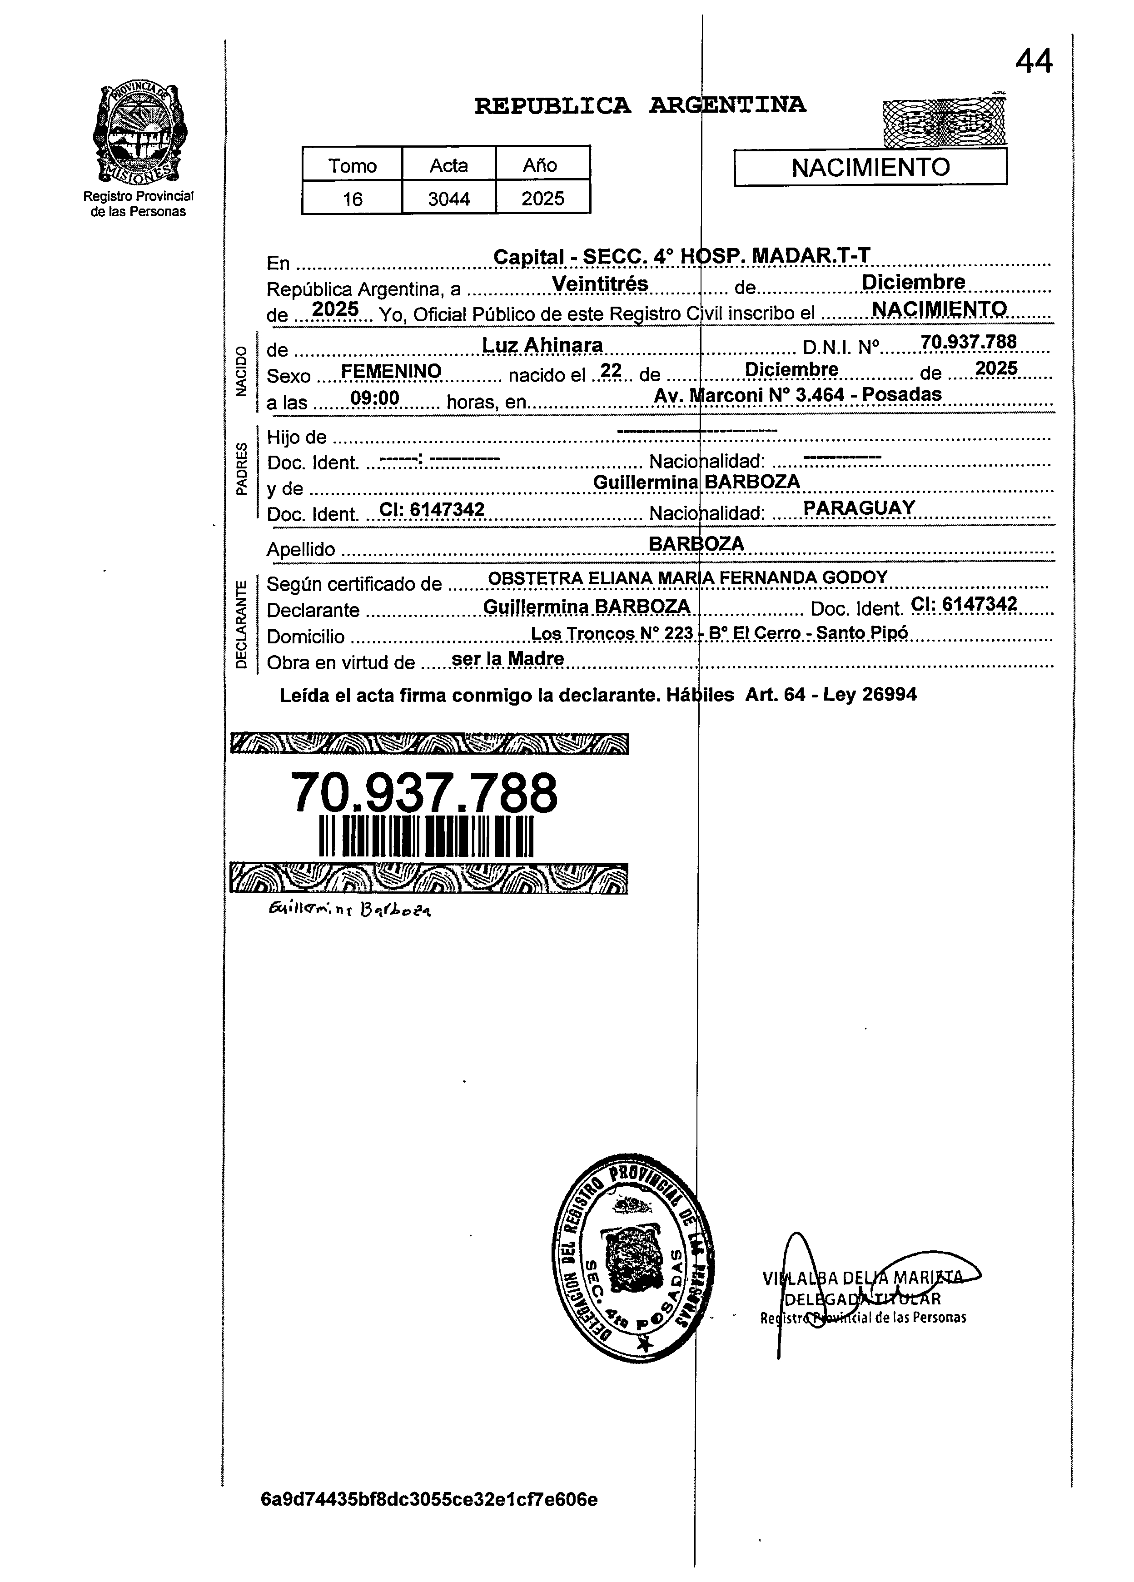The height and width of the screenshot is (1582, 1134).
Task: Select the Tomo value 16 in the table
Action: (x=352, y=199)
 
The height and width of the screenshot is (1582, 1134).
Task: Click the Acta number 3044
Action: (x=448, y=199)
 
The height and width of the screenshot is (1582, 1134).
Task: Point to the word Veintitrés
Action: (x=600, y=284)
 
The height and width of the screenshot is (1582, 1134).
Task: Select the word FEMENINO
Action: (x=391, y=371)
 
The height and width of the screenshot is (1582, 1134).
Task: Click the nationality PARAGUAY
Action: (x=859, y=508)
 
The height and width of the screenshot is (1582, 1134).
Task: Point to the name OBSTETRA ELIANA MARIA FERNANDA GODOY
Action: (x=687, y=577)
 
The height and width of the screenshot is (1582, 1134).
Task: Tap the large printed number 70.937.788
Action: (x=423, y=792)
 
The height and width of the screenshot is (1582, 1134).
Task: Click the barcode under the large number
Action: (x=425, y=836)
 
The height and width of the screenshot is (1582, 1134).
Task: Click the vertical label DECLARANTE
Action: (x=241, y=624)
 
